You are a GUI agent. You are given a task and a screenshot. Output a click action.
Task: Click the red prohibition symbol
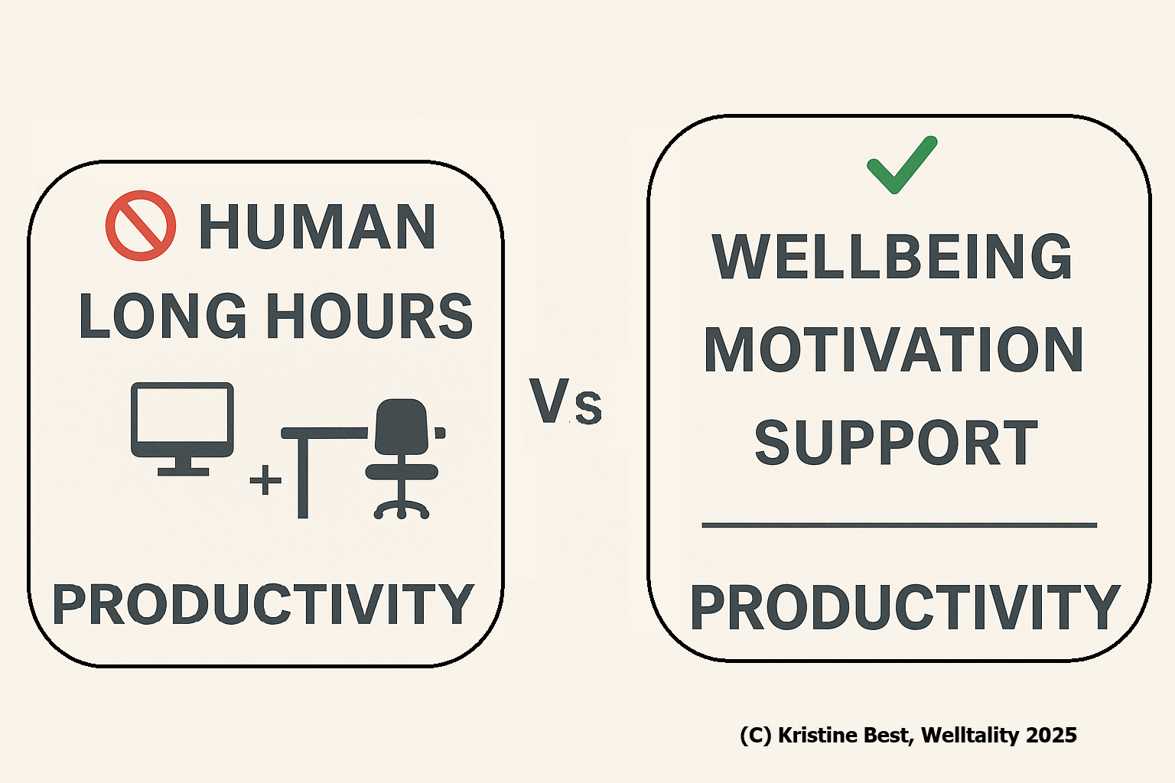pos(141,226)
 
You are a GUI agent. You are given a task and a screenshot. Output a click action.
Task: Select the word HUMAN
pos(317,226)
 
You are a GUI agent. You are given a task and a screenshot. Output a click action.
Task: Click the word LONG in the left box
pos(163,316)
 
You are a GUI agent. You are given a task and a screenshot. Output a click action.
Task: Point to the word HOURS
pos(370,316)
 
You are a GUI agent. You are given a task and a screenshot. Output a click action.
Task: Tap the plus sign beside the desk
pos(265,480)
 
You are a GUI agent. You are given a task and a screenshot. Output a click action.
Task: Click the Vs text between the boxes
pos(565,401)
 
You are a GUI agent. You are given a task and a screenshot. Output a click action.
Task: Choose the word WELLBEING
pos(892,257)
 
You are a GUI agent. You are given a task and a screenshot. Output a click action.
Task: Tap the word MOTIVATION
pos(893,349)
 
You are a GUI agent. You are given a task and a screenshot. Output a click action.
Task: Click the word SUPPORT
pos(896,442)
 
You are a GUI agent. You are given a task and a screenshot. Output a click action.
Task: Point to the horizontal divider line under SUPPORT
pos(899,525)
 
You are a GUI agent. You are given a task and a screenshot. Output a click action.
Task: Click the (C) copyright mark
pos(756,736)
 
